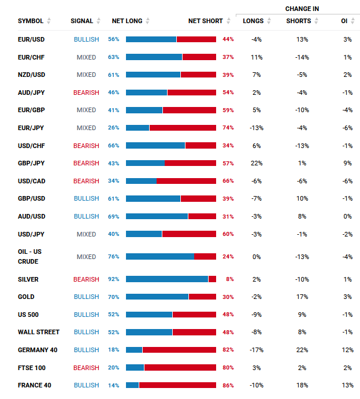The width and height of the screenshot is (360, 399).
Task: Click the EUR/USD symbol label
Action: [x=31, y=39]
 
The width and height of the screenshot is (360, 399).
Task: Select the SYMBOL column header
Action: [x=31, y=21]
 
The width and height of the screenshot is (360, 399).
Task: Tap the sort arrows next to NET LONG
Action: [x=148, y=21]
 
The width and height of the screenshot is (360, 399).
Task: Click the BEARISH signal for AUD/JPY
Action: [x=86, y=93]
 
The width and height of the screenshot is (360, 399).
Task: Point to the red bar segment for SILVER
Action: [x=212, y=279]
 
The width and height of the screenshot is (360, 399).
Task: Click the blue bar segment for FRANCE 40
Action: [x=132, y=385]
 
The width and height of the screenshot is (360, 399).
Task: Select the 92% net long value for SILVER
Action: [x=113, y=279]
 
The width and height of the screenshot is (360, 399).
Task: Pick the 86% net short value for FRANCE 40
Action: [x=228, y=385]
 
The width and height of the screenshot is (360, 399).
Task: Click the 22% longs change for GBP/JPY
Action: [x=257, y=164]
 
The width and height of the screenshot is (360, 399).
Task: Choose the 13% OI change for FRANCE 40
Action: [x=347, y=385]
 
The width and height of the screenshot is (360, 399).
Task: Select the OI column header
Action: [x=344, y=21]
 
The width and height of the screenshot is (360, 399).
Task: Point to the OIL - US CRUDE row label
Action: [x=30, y=257]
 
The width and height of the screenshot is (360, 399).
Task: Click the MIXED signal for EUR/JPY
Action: [x=86, y=128]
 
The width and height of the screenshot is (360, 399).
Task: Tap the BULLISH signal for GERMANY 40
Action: [x=86, y=350]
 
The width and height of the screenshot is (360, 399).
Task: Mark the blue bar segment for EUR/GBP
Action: [x=144, y=110]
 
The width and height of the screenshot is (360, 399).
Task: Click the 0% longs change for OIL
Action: [x=257, y=257]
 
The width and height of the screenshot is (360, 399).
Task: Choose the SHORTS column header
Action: [x=298, y=21]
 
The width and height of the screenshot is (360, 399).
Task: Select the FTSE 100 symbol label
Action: [x=31, y=368]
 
